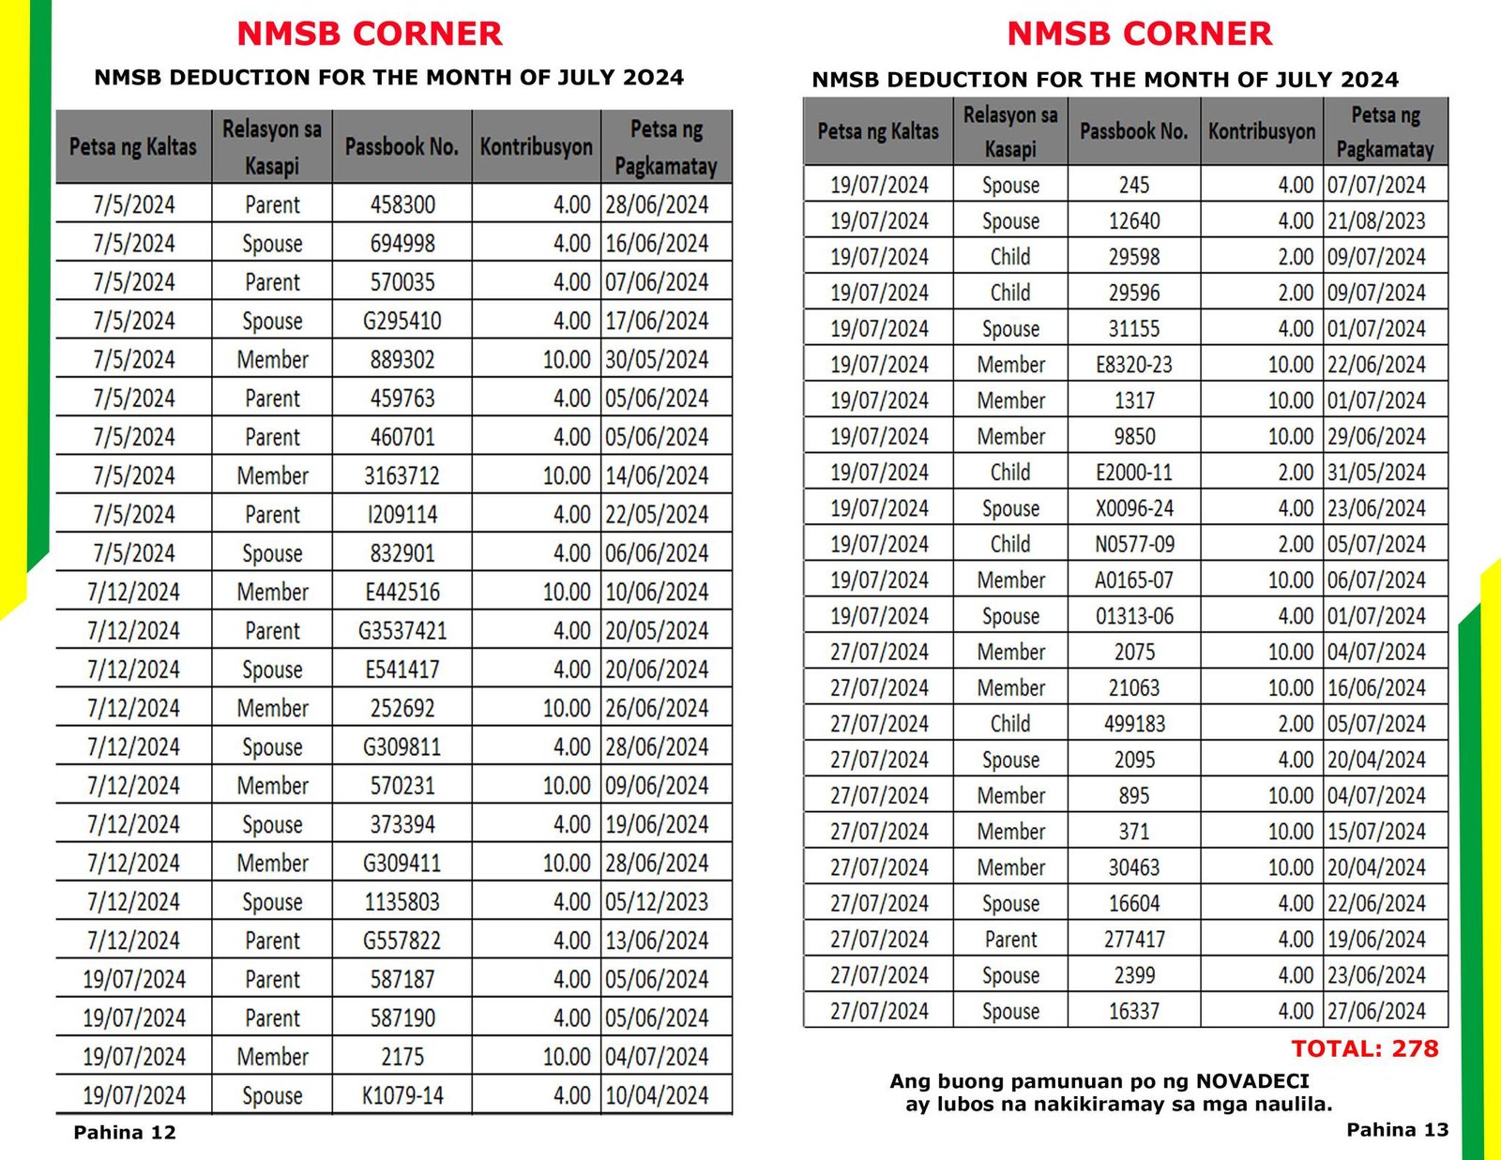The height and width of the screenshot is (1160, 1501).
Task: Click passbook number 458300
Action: click(x=402, y=204)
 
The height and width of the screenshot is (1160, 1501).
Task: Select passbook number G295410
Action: click(x=402, y=321)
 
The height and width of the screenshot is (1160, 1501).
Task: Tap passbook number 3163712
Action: click(x=402, y=475)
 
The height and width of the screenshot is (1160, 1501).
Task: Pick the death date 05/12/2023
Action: click(x=657, y=902)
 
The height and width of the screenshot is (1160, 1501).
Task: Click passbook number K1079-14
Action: click(x=402, y=1095)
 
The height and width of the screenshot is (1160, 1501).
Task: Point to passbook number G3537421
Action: click(x=402, y=630)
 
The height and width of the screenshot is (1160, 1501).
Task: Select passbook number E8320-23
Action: click(x=1134, y=365)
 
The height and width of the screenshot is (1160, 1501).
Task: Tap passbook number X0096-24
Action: click(x=1134, y=508)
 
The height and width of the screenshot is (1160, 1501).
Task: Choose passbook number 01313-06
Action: click(x=1134, y=616)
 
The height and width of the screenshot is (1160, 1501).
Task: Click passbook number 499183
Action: click(x=1134, y=724)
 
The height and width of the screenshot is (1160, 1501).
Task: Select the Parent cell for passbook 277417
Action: click(x=1010, y=940)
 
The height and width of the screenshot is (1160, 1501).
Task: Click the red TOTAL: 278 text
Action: click(x=1364, y=1048)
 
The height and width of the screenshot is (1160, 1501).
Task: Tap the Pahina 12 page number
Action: click(x=125, y=1132)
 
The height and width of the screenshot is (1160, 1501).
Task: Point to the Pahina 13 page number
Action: click(x=1397, y=1130)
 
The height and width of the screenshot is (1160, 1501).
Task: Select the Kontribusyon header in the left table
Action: click(x=536, y=147)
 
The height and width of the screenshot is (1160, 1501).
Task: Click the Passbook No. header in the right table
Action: click(x=1134, y=131)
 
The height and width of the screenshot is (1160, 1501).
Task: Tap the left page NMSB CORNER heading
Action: click(x=370, y=34)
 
